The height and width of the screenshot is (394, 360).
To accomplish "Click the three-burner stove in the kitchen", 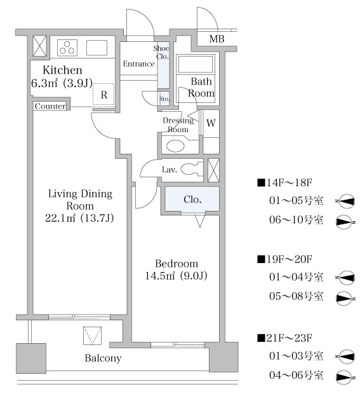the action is click(67, 48).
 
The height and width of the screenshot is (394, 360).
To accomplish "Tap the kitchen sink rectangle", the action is click(97, 48).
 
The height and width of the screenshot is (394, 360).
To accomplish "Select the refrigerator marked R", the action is click(103, 94).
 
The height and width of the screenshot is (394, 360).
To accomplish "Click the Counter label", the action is click(50, 106).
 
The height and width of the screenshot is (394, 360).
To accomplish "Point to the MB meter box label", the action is click(217, 39).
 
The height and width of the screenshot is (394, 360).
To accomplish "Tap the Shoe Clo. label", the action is click(161, 52).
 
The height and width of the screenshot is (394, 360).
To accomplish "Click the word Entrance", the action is click(138, 64).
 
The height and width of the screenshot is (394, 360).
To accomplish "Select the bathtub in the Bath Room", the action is click(196, 64).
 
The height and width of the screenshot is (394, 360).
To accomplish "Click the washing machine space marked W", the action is click(211, 123).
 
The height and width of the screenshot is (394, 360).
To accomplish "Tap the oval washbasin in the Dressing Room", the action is click(175, 146).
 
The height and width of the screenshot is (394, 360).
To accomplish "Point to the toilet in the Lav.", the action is click(192, 169).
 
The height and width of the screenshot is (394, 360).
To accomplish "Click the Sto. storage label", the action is click(164, 98).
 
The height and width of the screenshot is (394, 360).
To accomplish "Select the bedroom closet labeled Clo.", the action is click(192, 199).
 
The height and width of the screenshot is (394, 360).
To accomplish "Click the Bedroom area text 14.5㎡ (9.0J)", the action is click(177, 276).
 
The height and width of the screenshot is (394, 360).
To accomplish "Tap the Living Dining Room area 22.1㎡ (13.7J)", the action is click(79, 218).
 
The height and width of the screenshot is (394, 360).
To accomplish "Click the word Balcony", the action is click(103, 358).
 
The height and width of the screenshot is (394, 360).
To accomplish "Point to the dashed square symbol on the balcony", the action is click(93, 336).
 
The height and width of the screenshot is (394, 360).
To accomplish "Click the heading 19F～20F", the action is click(285, 259).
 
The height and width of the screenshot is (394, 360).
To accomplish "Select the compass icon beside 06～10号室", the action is click(345, 222).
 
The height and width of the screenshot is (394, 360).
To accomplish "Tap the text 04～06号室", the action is click(296, 375).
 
